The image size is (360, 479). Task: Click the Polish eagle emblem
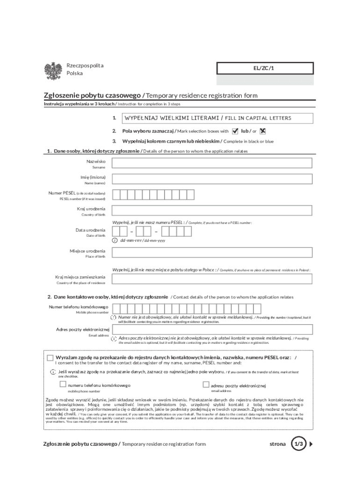(53, 71)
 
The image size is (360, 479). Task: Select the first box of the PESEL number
(116, 195)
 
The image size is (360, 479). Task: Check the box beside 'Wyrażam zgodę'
(50, 358)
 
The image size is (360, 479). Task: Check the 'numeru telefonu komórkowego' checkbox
(63, 385)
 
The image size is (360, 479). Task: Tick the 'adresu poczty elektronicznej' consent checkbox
(206, 385)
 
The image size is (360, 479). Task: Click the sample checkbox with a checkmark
(235, 131)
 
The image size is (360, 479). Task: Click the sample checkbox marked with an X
(263, 131)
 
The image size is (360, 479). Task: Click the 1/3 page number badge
(298, 443)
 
